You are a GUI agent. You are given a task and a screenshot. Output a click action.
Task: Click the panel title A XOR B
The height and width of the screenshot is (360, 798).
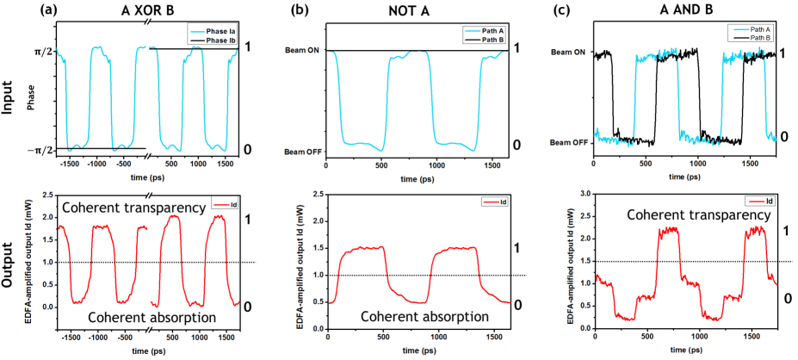pyautogui.click(x=150, y=11)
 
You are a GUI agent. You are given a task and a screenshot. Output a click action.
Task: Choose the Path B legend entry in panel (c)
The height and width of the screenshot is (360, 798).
pyautogui.click(x=756, y=37)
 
